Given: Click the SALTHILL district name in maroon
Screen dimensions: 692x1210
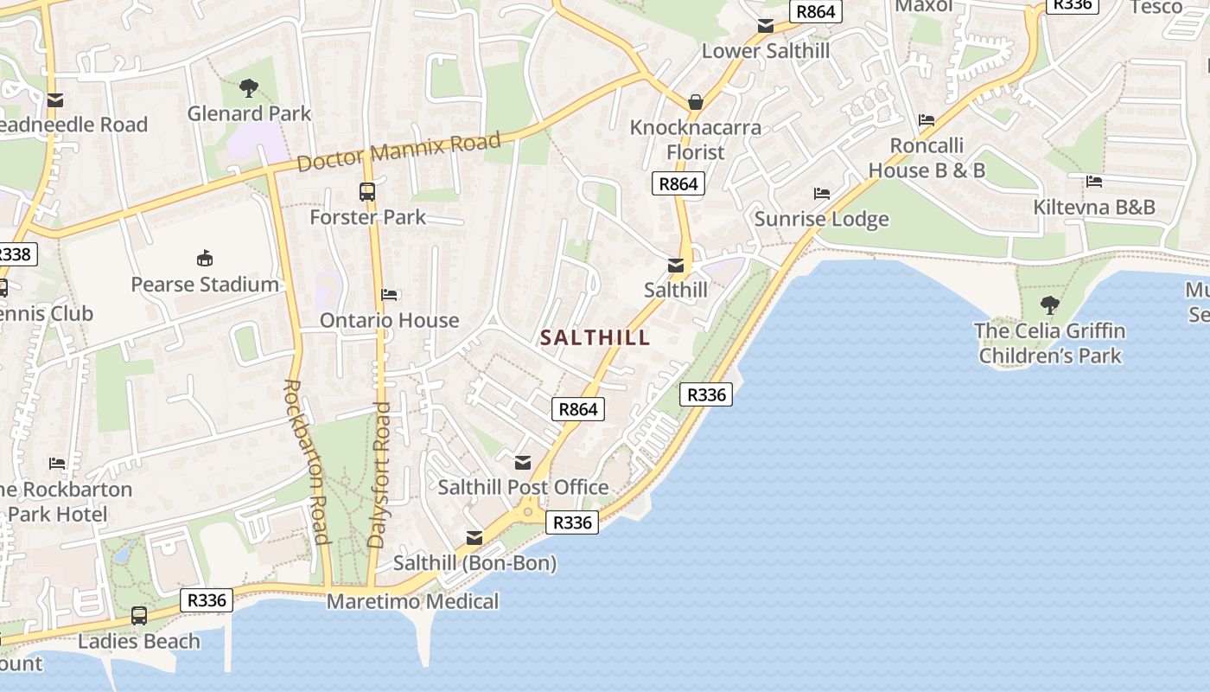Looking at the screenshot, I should [x=595, y=338].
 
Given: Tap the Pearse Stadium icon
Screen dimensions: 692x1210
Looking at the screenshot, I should [x=205, y=258].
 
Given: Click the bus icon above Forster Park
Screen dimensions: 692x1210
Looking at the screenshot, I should [x=367, y=192].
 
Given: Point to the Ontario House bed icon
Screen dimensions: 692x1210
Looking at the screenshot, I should [x=389, y=295].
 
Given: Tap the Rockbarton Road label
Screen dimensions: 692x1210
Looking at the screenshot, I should [x=306, y=462].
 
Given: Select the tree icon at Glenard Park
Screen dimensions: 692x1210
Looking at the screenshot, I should [x=249, y=87].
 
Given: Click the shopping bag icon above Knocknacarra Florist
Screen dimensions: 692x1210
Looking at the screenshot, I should [x=696, y=102].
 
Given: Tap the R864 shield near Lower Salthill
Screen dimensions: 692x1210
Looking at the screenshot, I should [x=816, y=11].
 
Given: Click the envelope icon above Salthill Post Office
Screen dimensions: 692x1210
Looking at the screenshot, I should [x=523, y=463].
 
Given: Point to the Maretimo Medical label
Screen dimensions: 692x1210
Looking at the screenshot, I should [x=412, y=601].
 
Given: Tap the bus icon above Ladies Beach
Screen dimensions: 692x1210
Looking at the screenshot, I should [x=139, y=616].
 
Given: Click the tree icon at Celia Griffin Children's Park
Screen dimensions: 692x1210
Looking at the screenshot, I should [x=1050, y=304].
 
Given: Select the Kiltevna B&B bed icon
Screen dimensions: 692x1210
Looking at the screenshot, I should [x=1094, y=182].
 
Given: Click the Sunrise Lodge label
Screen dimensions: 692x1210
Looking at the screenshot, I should [x=821, y=219].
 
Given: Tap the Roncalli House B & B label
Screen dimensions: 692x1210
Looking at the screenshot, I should [x=927, y=157].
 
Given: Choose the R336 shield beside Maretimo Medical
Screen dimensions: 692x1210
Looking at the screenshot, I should [x=207, y=600].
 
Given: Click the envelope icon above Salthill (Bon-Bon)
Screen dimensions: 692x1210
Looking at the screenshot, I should [x=474, y=538].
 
